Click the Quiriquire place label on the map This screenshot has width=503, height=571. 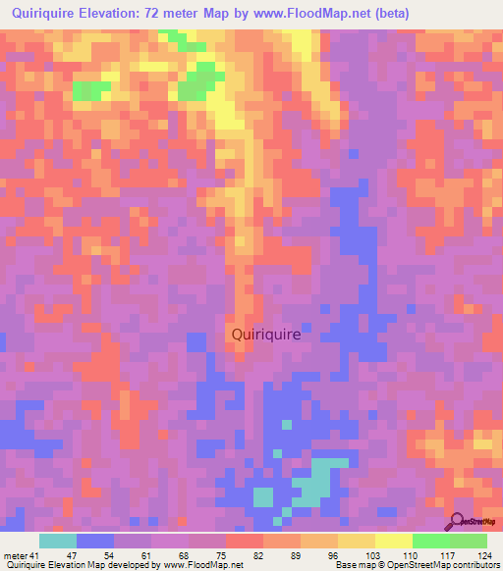click(x=266, y=334)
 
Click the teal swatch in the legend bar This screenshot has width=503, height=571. click(x=58, y=541)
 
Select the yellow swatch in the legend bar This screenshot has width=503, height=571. click(x=393, y=541)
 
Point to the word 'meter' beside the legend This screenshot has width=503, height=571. click(x=16, y=554)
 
